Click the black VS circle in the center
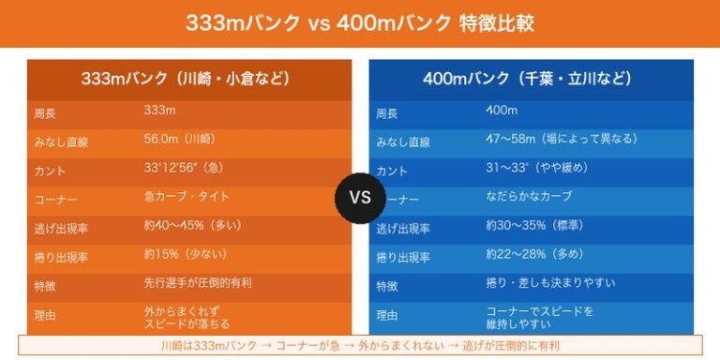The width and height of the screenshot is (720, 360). [360, 198]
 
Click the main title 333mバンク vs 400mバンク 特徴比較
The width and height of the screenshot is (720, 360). [359, 22]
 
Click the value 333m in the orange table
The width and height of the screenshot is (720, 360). [160, 111]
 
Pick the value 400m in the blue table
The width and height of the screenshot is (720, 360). [502, 111]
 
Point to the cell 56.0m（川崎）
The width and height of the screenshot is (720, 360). [179, 139]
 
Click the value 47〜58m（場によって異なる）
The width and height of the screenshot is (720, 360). [562, 139]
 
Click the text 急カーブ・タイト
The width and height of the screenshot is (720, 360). [187, 197]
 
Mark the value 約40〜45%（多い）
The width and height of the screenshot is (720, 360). [192, 225]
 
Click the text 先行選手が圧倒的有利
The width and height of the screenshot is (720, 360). [198, 283]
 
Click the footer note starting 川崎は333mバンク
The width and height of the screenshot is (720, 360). [359, 345]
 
